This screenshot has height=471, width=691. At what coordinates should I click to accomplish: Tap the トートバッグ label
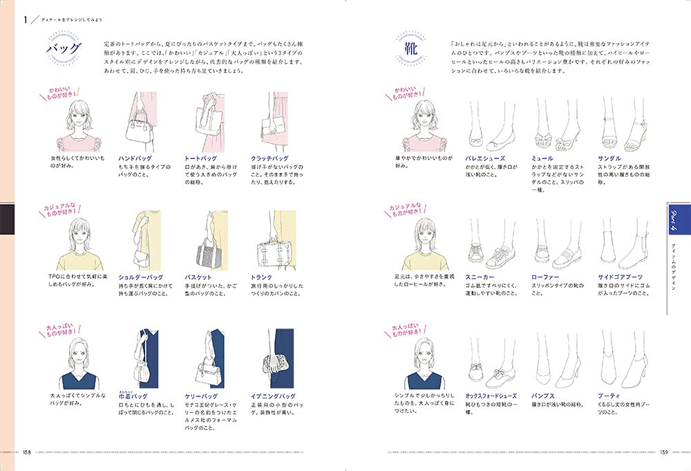click(x=201, y=158)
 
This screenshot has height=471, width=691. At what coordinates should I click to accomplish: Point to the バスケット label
click(x=198, y=277)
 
